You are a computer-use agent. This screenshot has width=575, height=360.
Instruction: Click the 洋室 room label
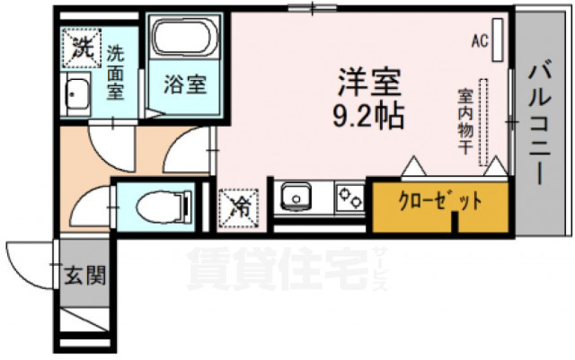click(368, 83)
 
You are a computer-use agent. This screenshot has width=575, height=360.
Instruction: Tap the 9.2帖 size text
click(368, 114)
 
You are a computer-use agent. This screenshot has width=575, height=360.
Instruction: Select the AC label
click(481, 41)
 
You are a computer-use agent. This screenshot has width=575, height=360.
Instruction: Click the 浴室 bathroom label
click(186, 86)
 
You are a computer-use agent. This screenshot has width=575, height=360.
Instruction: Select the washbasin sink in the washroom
click(78, 93)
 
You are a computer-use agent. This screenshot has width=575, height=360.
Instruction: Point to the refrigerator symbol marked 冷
click(241, 206)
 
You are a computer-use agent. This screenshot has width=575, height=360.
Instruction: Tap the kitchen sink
click(297, 197)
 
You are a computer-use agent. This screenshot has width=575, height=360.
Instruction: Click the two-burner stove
click(349, 196)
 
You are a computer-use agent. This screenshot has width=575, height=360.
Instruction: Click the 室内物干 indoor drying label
click(465, 121)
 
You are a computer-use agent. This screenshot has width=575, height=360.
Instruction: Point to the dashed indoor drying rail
click(484, 121)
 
